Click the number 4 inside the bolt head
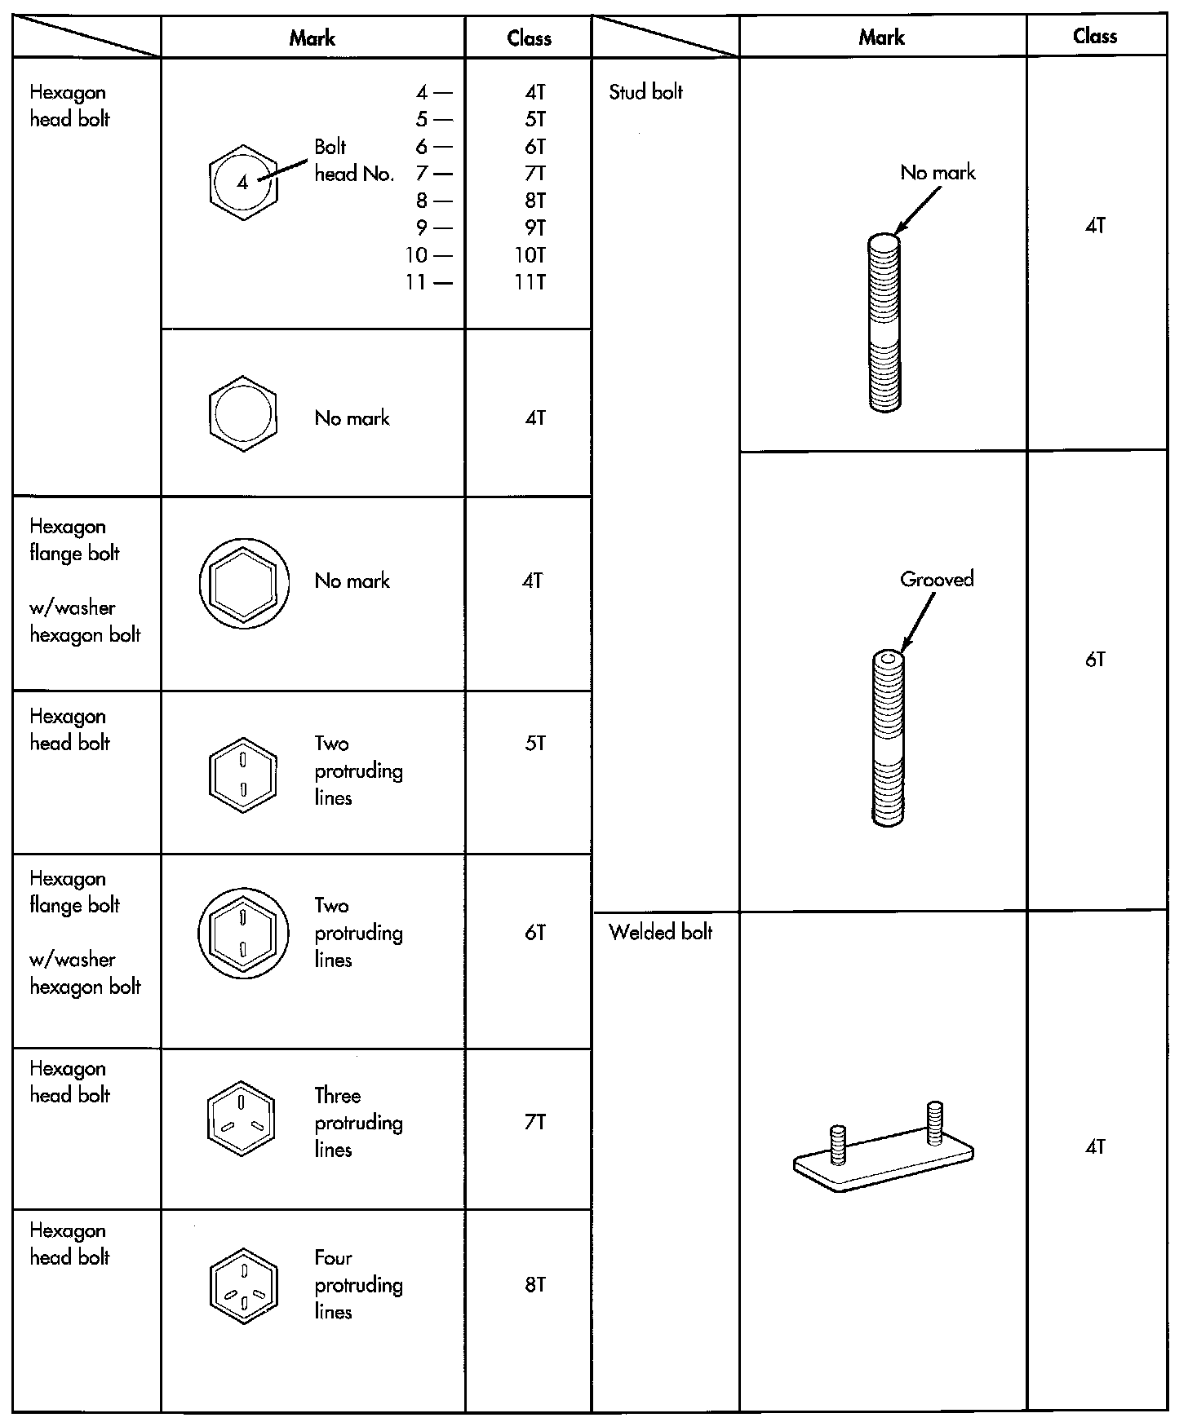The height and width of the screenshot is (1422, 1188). (x=242, y=183)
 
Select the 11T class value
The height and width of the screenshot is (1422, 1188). (x=530, y=282)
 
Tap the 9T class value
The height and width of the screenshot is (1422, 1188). (x=535, y=227)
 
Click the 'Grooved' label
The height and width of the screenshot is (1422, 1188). (x=937, y=580)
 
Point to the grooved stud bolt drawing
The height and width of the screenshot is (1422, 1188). (x=887, y=738)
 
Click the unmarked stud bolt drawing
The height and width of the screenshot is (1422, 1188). (x=884, y=322)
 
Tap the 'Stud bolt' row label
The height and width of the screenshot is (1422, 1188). (x=645, y=92)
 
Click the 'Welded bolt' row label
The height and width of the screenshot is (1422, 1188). (x=661, y=932)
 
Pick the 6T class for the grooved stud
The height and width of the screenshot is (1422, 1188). (x=1095, y=660)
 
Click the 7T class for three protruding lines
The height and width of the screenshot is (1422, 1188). (x=535, y=1123)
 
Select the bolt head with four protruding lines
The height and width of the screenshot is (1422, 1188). (x=243, y=1285)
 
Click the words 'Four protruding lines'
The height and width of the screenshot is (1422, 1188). (x=358, y=1285)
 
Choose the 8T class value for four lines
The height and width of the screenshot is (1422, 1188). (x=535, y=1285)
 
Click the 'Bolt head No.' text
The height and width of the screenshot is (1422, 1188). (x=354, y=160)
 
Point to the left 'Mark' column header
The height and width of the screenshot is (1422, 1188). (x=312, y=38)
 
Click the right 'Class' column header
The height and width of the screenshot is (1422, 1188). (x=1095, y=36)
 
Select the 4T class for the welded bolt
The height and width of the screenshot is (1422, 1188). (x=1095, y=1147)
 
